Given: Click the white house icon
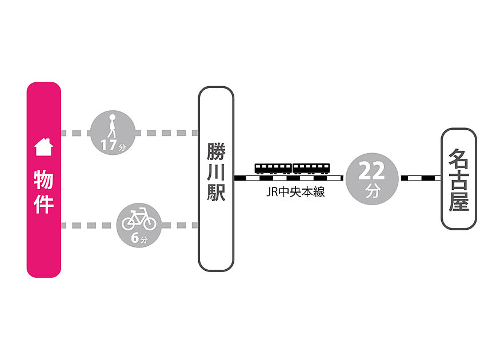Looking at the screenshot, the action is tap(43, 147).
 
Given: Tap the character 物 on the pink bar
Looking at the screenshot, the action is tap(43, 179).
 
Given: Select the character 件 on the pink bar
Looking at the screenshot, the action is tap(43, 204).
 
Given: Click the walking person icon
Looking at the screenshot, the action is tap(112, 126).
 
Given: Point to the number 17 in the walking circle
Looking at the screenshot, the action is tap(109, 145).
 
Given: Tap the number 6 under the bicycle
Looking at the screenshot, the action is tap(135, 238).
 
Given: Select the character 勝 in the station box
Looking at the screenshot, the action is tap(216, 151).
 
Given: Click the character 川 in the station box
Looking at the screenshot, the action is tap(216, 172).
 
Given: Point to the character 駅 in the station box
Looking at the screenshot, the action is tap(216, 193).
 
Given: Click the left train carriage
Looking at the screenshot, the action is tap(273, 169).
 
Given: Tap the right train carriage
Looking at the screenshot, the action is tap(311, 169).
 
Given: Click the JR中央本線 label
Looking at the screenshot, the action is tap(295, 192).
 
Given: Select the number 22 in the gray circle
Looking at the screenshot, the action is tap(371, 171).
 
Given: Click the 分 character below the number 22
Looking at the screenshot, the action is tap(373, 191).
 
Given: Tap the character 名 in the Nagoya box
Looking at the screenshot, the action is tap(459, 158).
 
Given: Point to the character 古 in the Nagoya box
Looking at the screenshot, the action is tap(459, 179).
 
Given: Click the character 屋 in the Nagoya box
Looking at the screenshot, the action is tap(459, 201).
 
